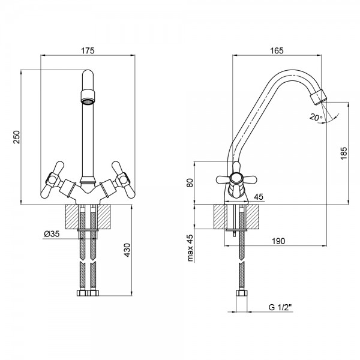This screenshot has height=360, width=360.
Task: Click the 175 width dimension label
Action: [88, 51]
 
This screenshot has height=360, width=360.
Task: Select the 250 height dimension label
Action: [17, 137]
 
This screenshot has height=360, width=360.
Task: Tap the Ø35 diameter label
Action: [52, 234]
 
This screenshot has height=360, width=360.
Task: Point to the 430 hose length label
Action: [127, 250]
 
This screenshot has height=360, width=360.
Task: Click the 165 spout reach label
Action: [277, 51]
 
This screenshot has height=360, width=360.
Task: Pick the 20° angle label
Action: [316, 118]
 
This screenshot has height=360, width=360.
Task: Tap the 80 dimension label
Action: [190, 183]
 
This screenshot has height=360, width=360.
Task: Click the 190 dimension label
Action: [278, 241]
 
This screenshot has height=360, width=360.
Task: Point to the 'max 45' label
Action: [190, 248]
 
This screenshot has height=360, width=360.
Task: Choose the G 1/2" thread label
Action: [280, 307]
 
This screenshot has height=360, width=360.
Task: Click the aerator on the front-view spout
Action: [88, 97]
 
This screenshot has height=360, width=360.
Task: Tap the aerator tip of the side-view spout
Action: [318, 97]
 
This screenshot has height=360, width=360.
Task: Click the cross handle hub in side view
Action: [236, 178]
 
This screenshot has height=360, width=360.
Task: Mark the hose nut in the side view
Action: [242, 293]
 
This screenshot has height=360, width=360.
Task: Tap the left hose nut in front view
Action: [82, 293]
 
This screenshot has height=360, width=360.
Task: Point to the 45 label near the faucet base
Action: [259, 197]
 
